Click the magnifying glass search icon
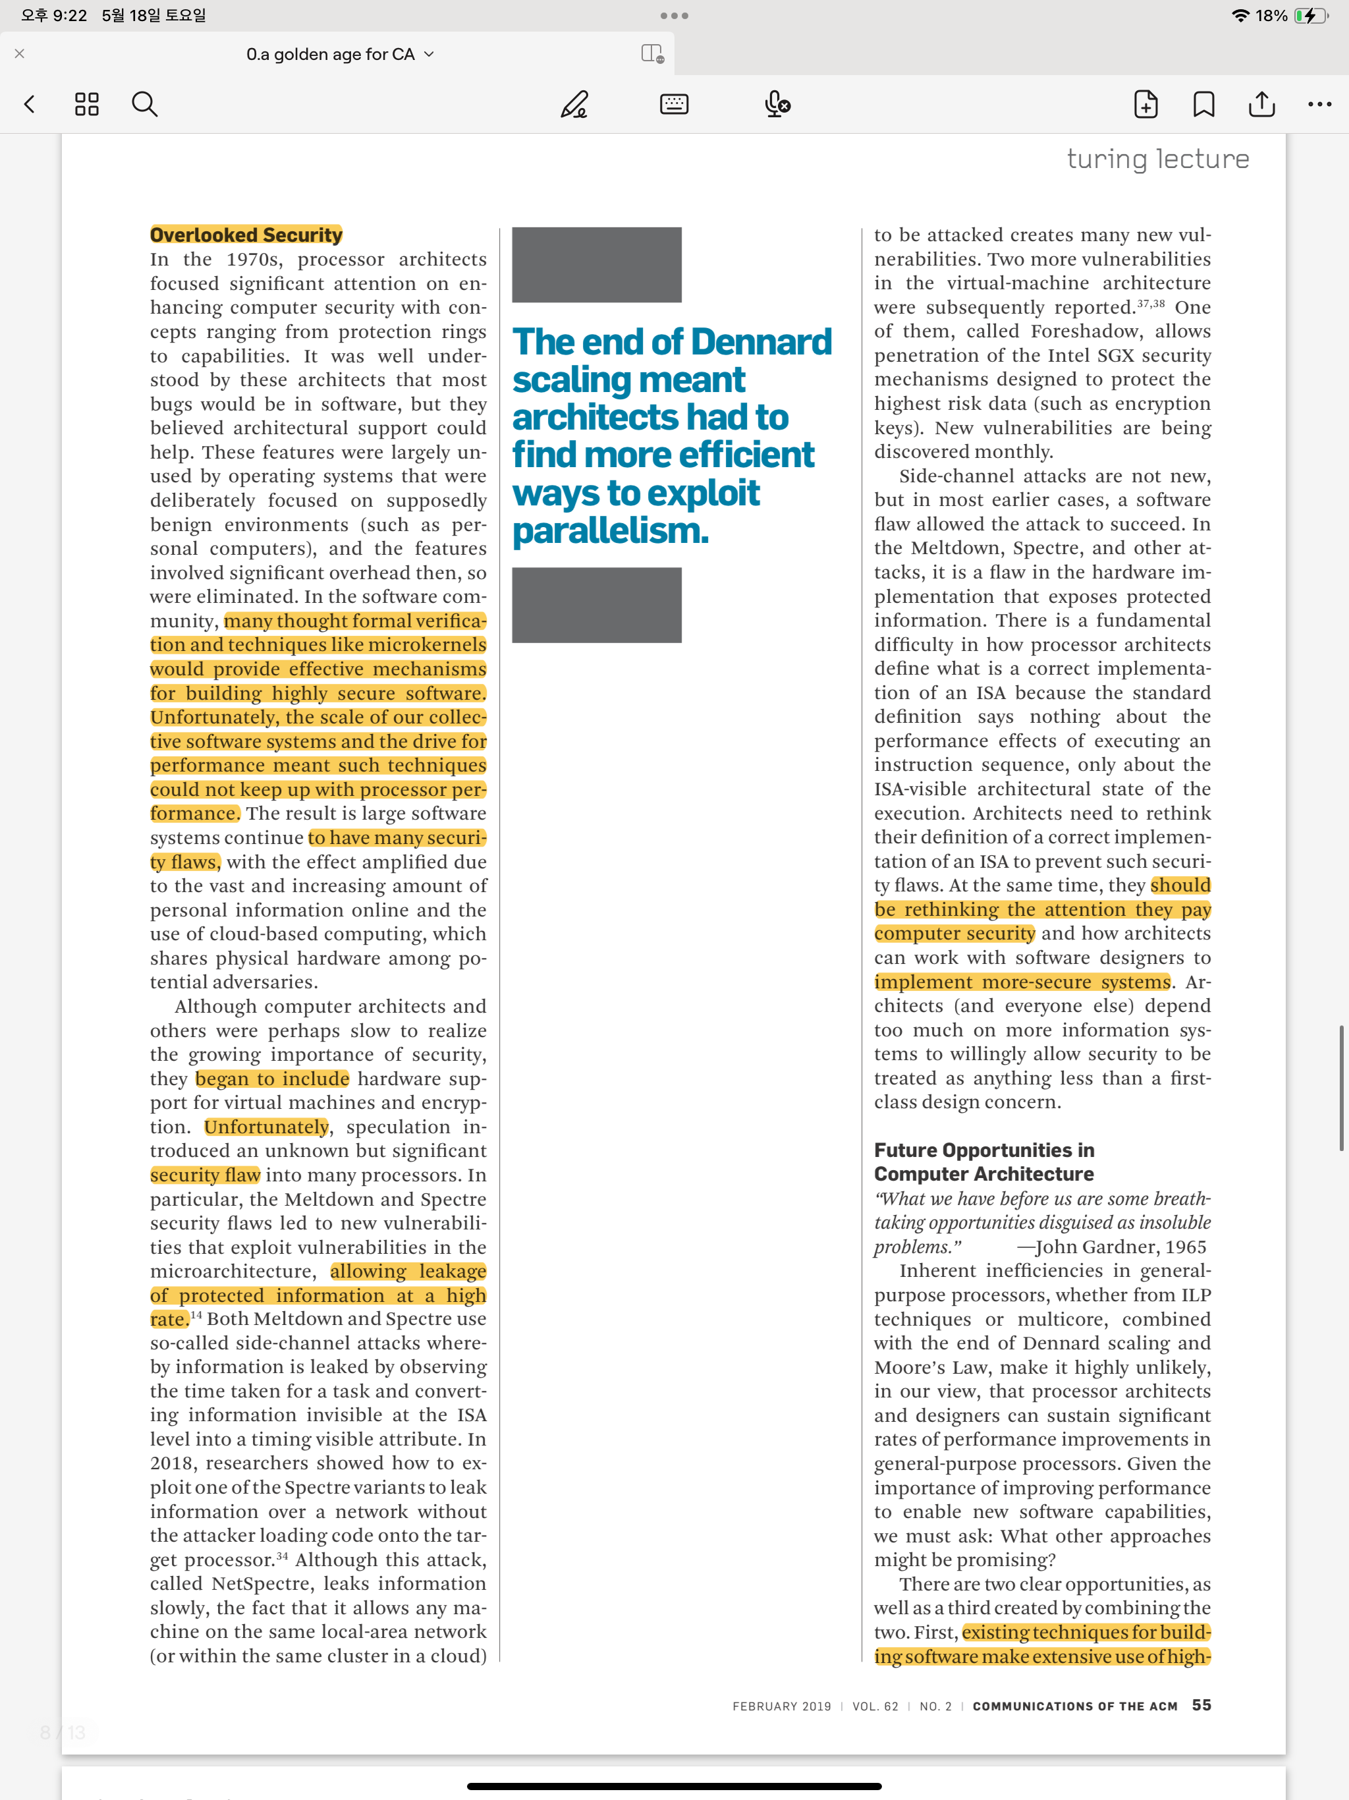click(x=144, y=104)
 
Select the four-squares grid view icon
click(x=86, y=104)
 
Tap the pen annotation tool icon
click(x=574, y=104)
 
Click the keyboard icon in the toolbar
click(x=674, y=104)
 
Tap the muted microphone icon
click(x=777, y=104)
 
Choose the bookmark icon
click(x=1203, y=104)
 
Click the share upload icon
click(x=1261, y=104)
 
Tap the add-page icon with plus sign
click(x=1145, y=104)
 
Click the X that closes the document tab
click(x=20, y=54)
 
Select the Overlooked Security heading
click(x=246, y=235)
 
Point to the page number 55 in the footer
click(x=1201, y=1704)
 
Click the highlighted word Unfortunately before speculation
click(x=266, y=1127)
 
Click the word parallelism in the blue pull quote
click(x=610, y=530)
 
